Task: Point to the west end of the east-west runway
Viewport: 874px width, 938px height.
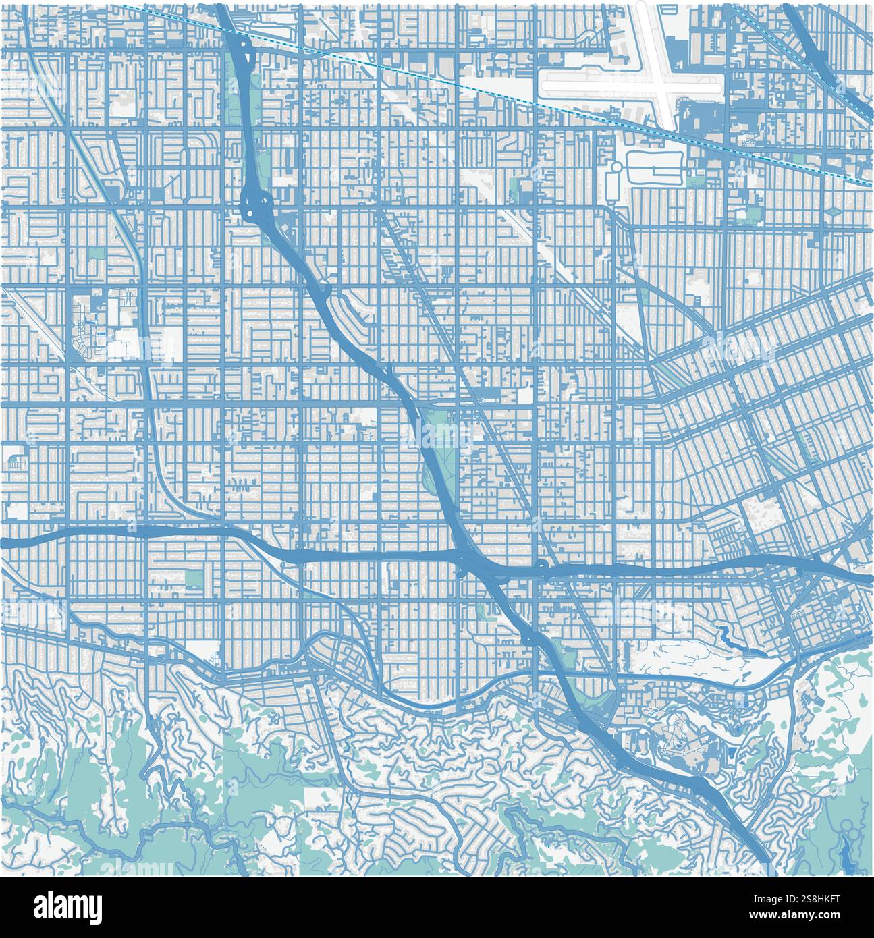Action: tap(545, 86)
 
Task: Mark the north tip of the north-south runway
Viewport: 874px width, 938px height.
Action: tap(640, 5)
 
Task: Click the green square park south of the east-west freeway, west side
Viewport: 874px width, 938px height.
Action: tap(194, 578)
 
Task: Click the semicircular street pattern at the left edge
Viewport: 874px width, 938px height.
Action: tap(15, 462)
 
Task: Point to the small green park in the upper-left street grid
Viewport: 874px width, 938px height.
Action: tap(97, 253)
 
